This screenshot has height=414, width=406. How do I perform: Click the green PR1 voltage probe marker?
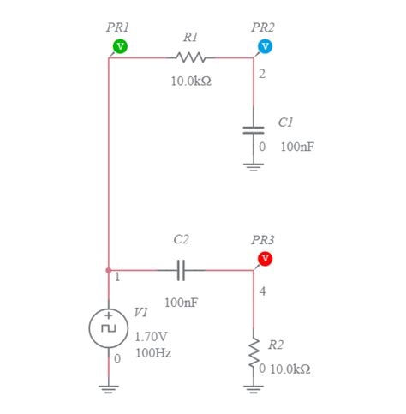pos(120,45)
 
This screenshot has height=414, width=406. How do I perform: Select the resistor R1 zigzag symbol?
pos(190,57)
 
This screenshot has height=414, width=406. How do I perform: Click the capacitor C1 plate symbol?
pos(254,129)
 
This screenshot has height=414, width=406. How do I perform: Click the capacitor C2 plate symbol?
pos(181,271)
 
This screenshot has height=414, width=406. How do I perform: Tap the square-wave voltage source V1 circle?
pos(108,327)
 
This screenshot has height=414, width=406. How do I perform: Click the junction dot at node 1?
pos(108,271)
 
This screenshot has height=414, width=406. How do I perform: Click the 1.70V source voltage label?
pos(152,336)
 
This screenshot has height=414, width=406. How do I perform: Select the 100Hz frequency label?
pos(153,352)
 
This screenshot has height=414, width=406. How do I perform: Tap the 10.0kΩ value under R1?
pos(190,81)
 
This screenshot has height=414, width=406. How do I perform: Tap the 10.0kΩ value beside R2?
pos(290,369)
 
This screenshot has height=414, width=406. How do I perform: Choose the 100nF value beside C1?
pos(296,147)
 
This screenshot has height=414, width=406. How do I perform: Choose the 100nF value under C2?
pos(181,302)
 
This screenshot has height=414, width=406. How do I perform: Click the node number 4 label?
pos(262,292)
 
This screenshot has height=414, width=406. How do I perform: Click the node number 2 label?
pos(261,75)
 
